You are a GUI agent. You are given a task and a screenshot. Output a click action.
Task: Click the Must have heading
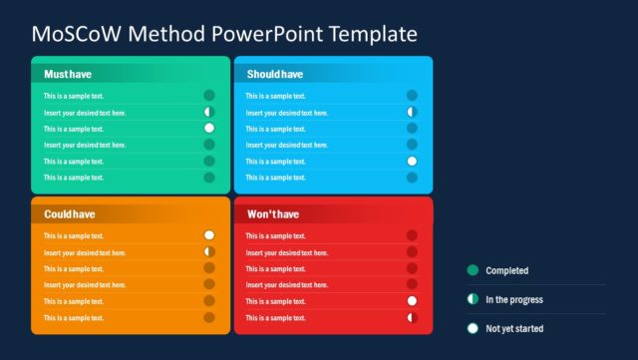click(69, 74)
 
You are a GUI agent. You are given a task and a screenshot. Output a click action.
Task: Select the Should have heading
click(275, 74)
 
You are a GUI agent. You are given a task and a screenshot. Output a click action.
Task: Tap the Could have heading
click(70, 214)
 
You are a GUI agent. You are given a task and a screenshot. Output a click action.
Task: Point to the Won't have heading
click(273, 214)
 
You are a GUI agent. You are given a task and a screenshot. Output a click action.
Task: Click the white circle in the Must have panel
click(209, 129)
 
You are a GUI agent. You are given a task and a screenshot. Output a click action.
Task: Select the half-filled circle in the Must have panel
click(209, 113)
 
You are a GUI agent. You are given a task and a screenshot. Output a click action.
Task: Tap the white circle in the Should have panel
click(412, 161)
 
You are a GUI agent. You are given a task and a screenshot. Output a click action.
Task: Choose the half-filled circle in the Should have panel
click(412, 113)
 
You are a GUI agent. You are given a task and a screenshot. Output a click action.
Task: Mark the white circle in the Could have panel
click(209, 235)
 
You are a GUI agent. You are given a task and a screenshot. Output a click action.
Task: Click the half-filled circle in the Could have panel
click(209, 252)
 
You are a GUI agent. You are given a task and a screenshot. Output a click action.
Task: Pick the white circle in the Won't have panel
click(412, 300)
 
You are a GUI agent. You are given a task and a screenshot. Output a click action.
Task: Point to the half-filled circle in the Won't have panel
click(412, 317)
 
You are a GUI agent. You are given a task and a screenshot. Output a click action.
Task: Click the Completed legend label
click(506, 270)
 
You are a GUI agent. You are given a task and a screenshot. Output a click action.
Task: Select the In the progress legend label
click(513, 299)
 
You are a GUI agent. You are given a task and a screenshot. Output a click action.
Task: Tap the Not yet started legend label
click(513, 328)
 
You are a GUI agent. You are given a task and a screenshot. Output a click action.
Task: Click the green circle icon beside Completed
click(473, 270)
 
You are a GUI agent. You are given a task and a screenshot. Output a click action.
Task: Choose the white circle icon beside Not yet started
click(473, 328)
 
